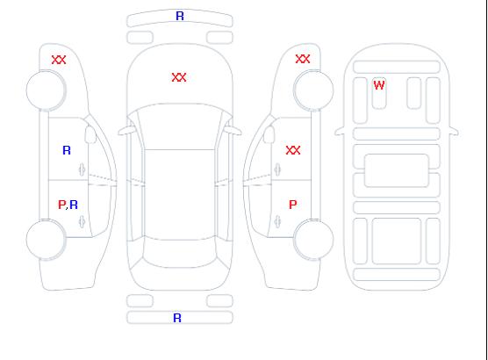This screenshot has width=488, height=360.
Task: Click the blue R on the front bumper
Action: (180, 16)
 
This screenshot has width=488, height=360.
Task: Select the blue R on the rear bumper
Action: (177, 318)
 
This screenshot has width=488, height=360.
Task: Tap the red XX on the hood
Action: (179, 77)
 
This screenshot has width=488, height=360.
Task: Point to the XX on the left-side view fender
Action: (59, 60)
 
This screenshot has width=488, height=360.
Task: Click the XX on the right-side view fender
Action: (303, 59)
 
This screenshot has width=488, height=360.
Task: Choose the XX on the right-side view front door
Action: (293, 150)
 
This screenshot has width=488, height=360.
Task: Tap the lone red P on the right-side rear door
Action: (293, 205)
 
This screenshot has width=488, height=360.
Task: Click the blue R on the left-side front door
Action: (67, 150)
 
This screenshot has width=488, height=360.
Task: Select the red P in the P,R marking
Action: (62, 205)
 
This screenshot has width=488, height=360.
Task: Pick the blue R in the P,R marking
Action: (74, 205)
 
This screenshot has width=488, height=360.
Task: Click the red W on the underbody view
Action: (379, 85)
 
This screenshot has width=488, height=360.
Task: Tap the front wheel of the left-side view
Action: (46, 90)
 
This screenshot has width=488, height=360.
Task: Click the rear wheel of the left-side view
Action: (46, 240)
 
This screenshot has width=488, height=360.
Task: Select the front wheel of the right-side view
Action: (313, 90)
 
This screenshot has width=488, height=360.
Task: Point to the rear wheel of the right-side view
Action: (313, 239)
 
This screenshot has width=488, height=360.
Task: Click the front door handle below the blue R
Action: (82, 169)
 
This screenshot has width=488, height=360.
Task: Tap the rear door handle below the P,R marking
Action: (82, 221)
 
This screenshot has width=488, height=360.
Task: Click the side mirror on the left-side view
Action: (90, 134)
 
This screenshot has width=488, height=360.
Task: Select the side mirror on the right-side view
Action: (269, 134)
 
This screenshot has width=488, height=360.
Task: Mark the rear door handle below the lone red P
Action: (277, 221)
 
